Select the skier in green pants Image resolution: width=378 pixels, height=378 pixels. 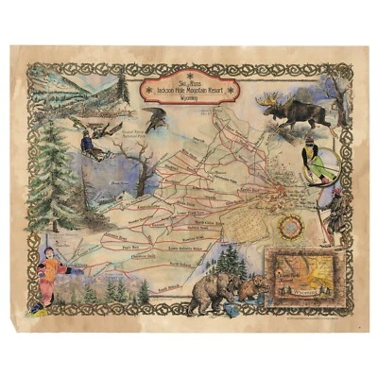pos(311,158)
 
